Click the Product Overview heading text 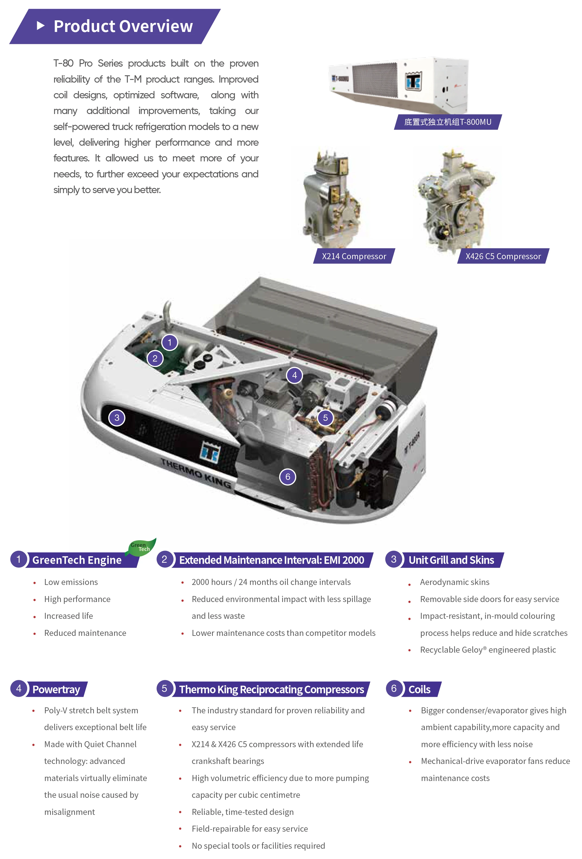[x=123, y=26]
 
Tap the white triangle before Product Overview [x=41, y=26]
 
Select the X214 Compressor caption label [x=354, y=256]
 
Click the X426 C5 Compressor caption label [x=503, y=256]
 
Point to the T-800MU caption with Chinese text [x=447, y=122]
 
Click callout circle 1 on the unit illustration [x=170, y=342]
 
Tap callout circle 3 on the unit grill [x=117, y=418]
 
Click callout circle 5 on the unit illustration [x=325, y=418]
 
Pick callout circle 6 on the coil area [x=288, y=477]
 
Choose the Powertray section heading [x=56, y=689]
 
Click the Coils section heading [x=419, y=689]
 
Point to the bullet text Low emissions [x=71, y=582]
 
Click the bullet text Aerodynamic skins [x=454, y=582]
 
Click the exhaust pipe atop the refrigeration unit [x=167, y=314]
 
